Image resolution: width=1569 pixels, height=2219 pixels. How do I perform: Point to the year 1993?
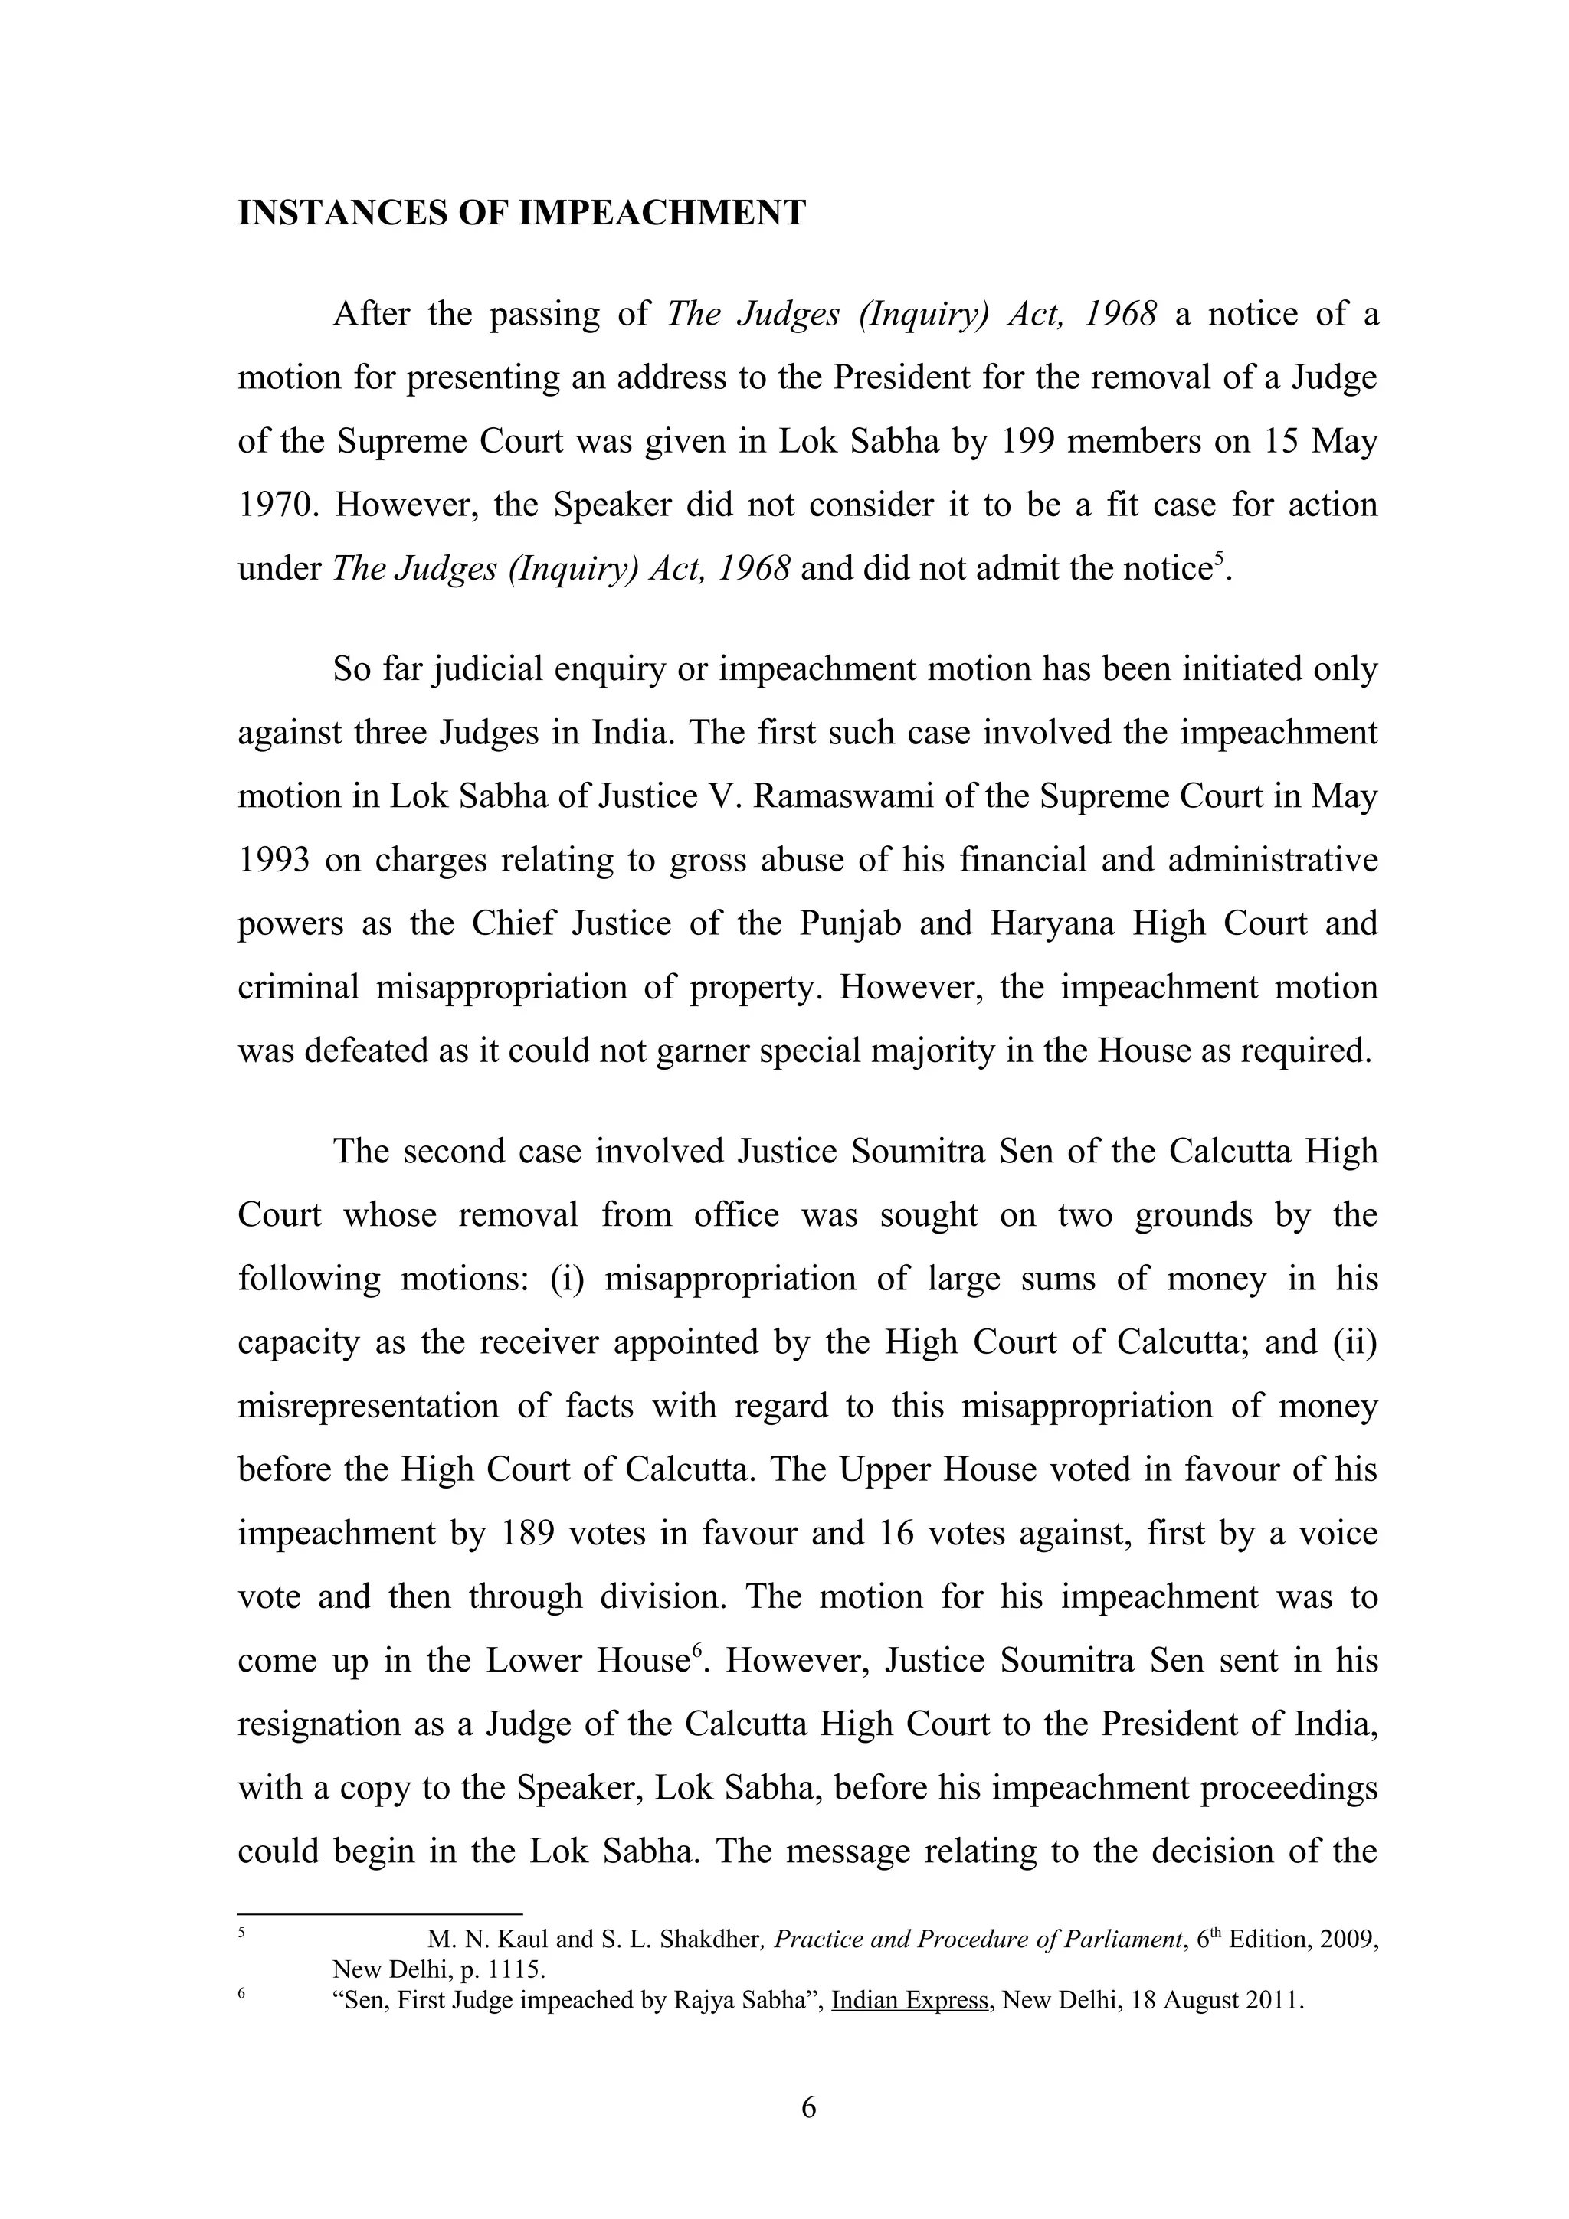tap(274, 860)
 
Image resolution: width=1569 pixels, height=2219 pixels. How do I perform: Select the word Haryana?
tap(1052, 923)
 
